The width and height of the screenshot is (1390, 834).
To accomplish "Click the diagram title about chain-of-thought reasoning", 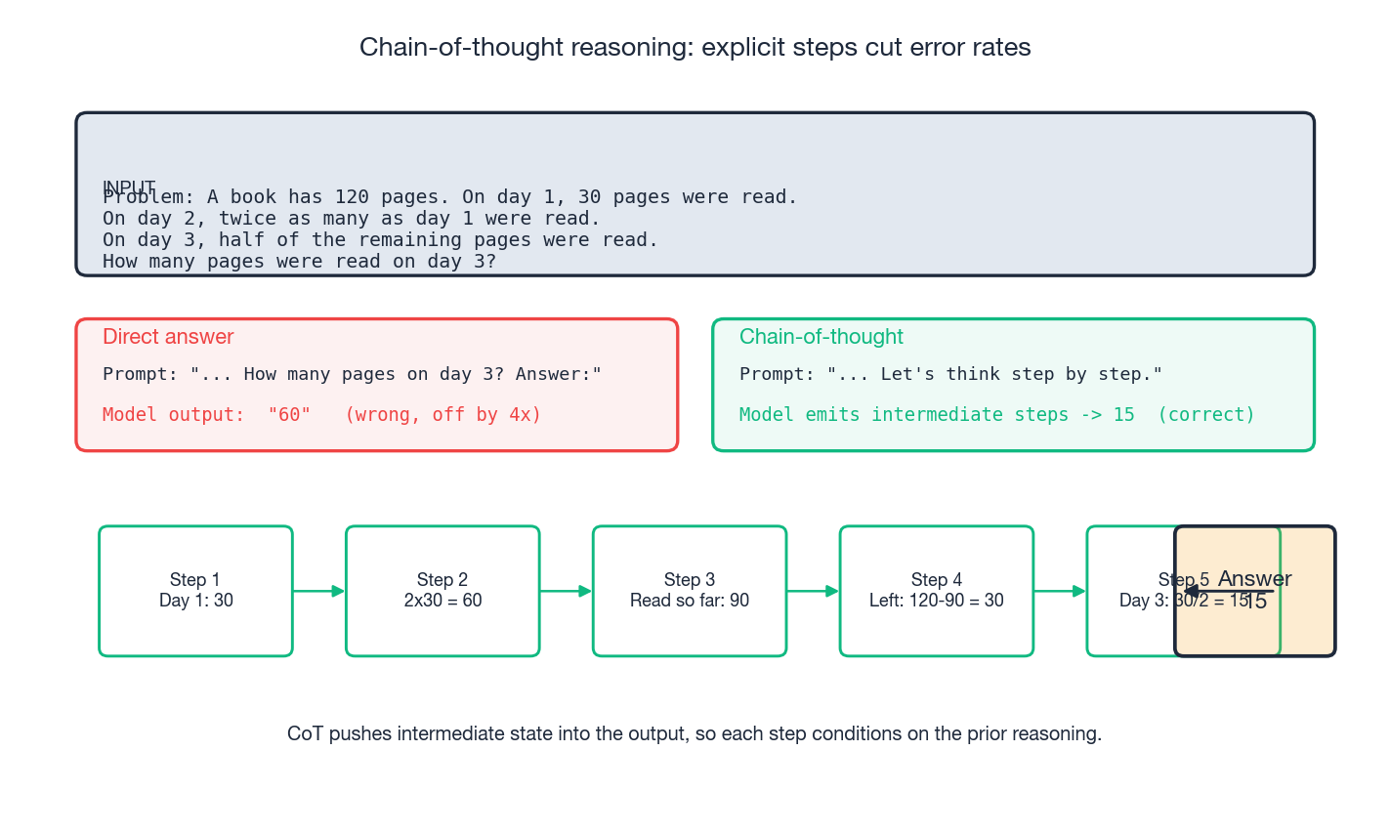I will (x=695, y=47).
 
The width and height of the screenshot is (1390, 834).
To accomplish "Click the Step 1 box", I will (x=195, y=590).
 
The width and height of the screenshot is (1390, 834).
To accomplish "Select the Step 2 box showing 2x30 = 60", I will (x=442, y=590).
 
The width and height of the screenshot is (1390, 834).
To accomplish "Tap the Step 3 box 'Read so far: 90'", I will (x=690, y=590).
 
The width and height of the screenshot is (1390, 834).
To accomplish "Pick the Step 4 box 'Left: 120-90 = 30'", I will (x=936, y=590).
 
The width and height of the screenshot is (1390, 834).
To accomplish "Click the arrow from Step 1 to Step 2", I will (x=318, y=591).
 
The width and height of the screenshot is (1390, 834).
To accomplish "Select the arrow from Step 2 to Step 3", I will (x=566, y=591).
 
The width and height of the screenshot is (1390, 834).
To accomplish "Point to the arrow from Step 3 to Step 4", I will (x=813, y=591).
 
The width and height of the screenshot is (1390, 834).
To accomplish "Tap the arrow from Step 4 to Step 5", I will (x=1060, y=591).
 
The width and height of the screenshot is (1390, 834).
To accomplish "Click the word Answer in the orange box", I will (x=1255, y=578).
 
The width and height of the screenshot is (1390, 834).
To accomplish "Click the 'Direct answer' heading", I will (x=168, y=337).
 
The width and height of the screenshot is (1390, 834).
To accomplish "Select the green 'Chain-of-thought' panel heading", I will (x=821, y=337).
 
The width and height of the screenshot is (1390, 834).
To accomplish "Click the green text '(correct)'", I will (x=1206, y=415).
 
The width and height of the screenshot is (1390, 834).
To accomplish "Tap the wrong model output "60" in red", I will (x=289, y=415).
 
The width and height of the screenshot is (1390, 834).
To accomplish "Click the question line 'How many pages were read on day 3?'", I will (x=299, y=262).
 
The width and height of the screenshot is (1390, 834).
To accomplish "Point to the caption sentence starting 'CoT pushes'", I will (x=695, y=733).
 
